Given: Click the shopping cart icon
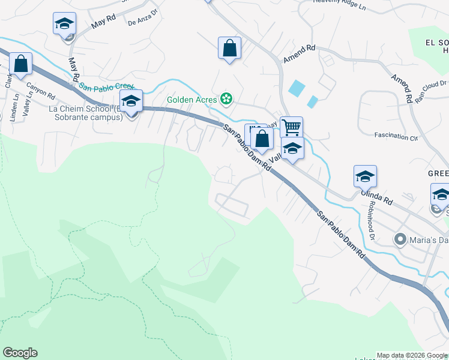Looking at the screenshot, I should pos(291,127).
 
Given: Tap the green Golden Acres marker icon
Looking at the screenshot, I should pos(226,98).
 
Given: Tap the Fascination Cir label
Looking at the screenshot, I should pos(396,136).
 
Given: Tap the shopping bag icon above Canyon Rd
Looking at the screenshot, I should pos(21,64).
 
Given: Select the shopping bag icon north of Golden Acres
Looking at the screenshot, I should pos(229,48).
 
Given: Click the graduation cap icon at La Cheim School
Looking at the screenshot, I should pos(130,102).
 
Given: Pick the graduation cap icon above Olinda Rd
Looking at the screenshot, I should pos(365,176).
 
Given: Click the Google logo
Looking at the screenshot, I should pos(20,353).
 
